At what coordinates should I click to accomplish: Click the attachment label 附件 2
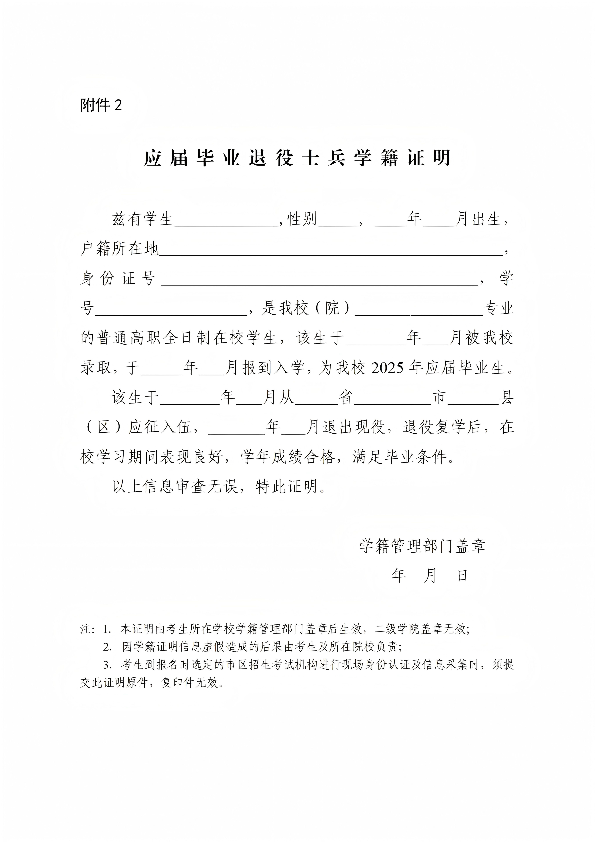point(101,106)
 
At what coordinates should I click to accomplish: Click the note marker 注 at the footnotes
point(85,629)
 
